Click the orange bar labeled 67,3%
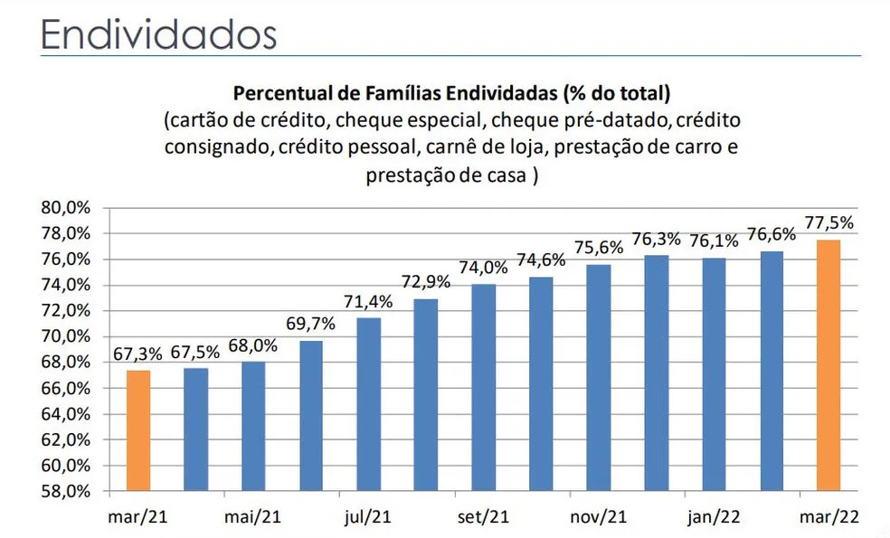[x=137, y=431]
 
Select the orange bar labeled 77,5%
[x=829, y=366]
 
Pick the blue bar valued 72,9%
[x=426, y=395]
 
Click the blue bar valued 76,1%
[x=714, y=374]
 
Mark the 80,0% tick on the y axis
[x=66, y=207]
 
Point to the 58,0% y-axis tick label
[x=66, y=492]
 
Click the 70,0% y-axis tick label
[x=66, y=336]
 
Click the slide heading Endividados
[x=159, y=34]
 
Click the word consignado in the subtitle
[x=215, y=146]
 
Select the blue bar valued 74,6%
[x=541, y=384]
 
